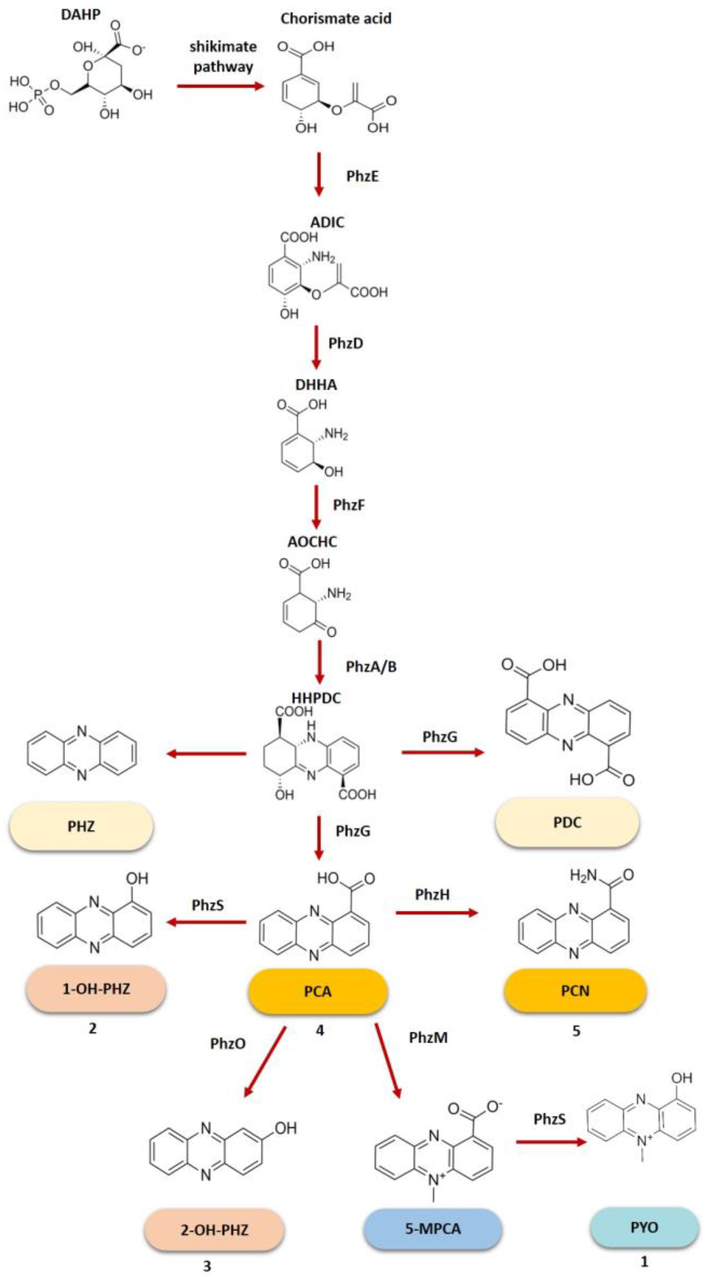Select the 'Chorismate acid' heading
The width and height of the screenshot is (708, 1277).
click(336, 19)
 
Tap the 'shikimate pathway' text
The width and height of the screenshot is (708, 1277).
click(223, 56)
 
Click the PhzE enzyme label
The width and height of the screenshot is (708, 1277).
click(362, 176)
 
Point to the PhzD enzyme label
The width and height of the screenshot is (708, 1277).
click(346, 343)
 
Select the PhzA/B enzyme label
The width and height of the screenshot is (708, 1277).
click(371, 666)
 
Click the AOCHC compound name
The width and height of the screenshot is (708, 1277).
click(312, 541)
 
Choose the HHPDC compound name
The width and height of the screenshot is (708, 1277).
click(316, 698)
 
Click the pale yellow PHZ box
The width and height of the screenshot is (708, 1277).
click(81, 826)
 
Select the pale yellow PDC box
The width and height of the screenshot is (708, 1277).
click(567, 822)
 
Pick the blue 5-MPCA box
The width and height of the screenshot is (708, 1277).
click(433, 1228)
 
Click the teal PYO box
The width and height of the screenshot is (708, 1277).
click(644, 1227)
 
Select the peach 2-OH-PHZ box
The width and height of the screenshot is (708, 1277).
click(214, 1230)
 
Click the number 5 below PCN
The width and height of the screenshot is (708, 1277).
click(576, 1031)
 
